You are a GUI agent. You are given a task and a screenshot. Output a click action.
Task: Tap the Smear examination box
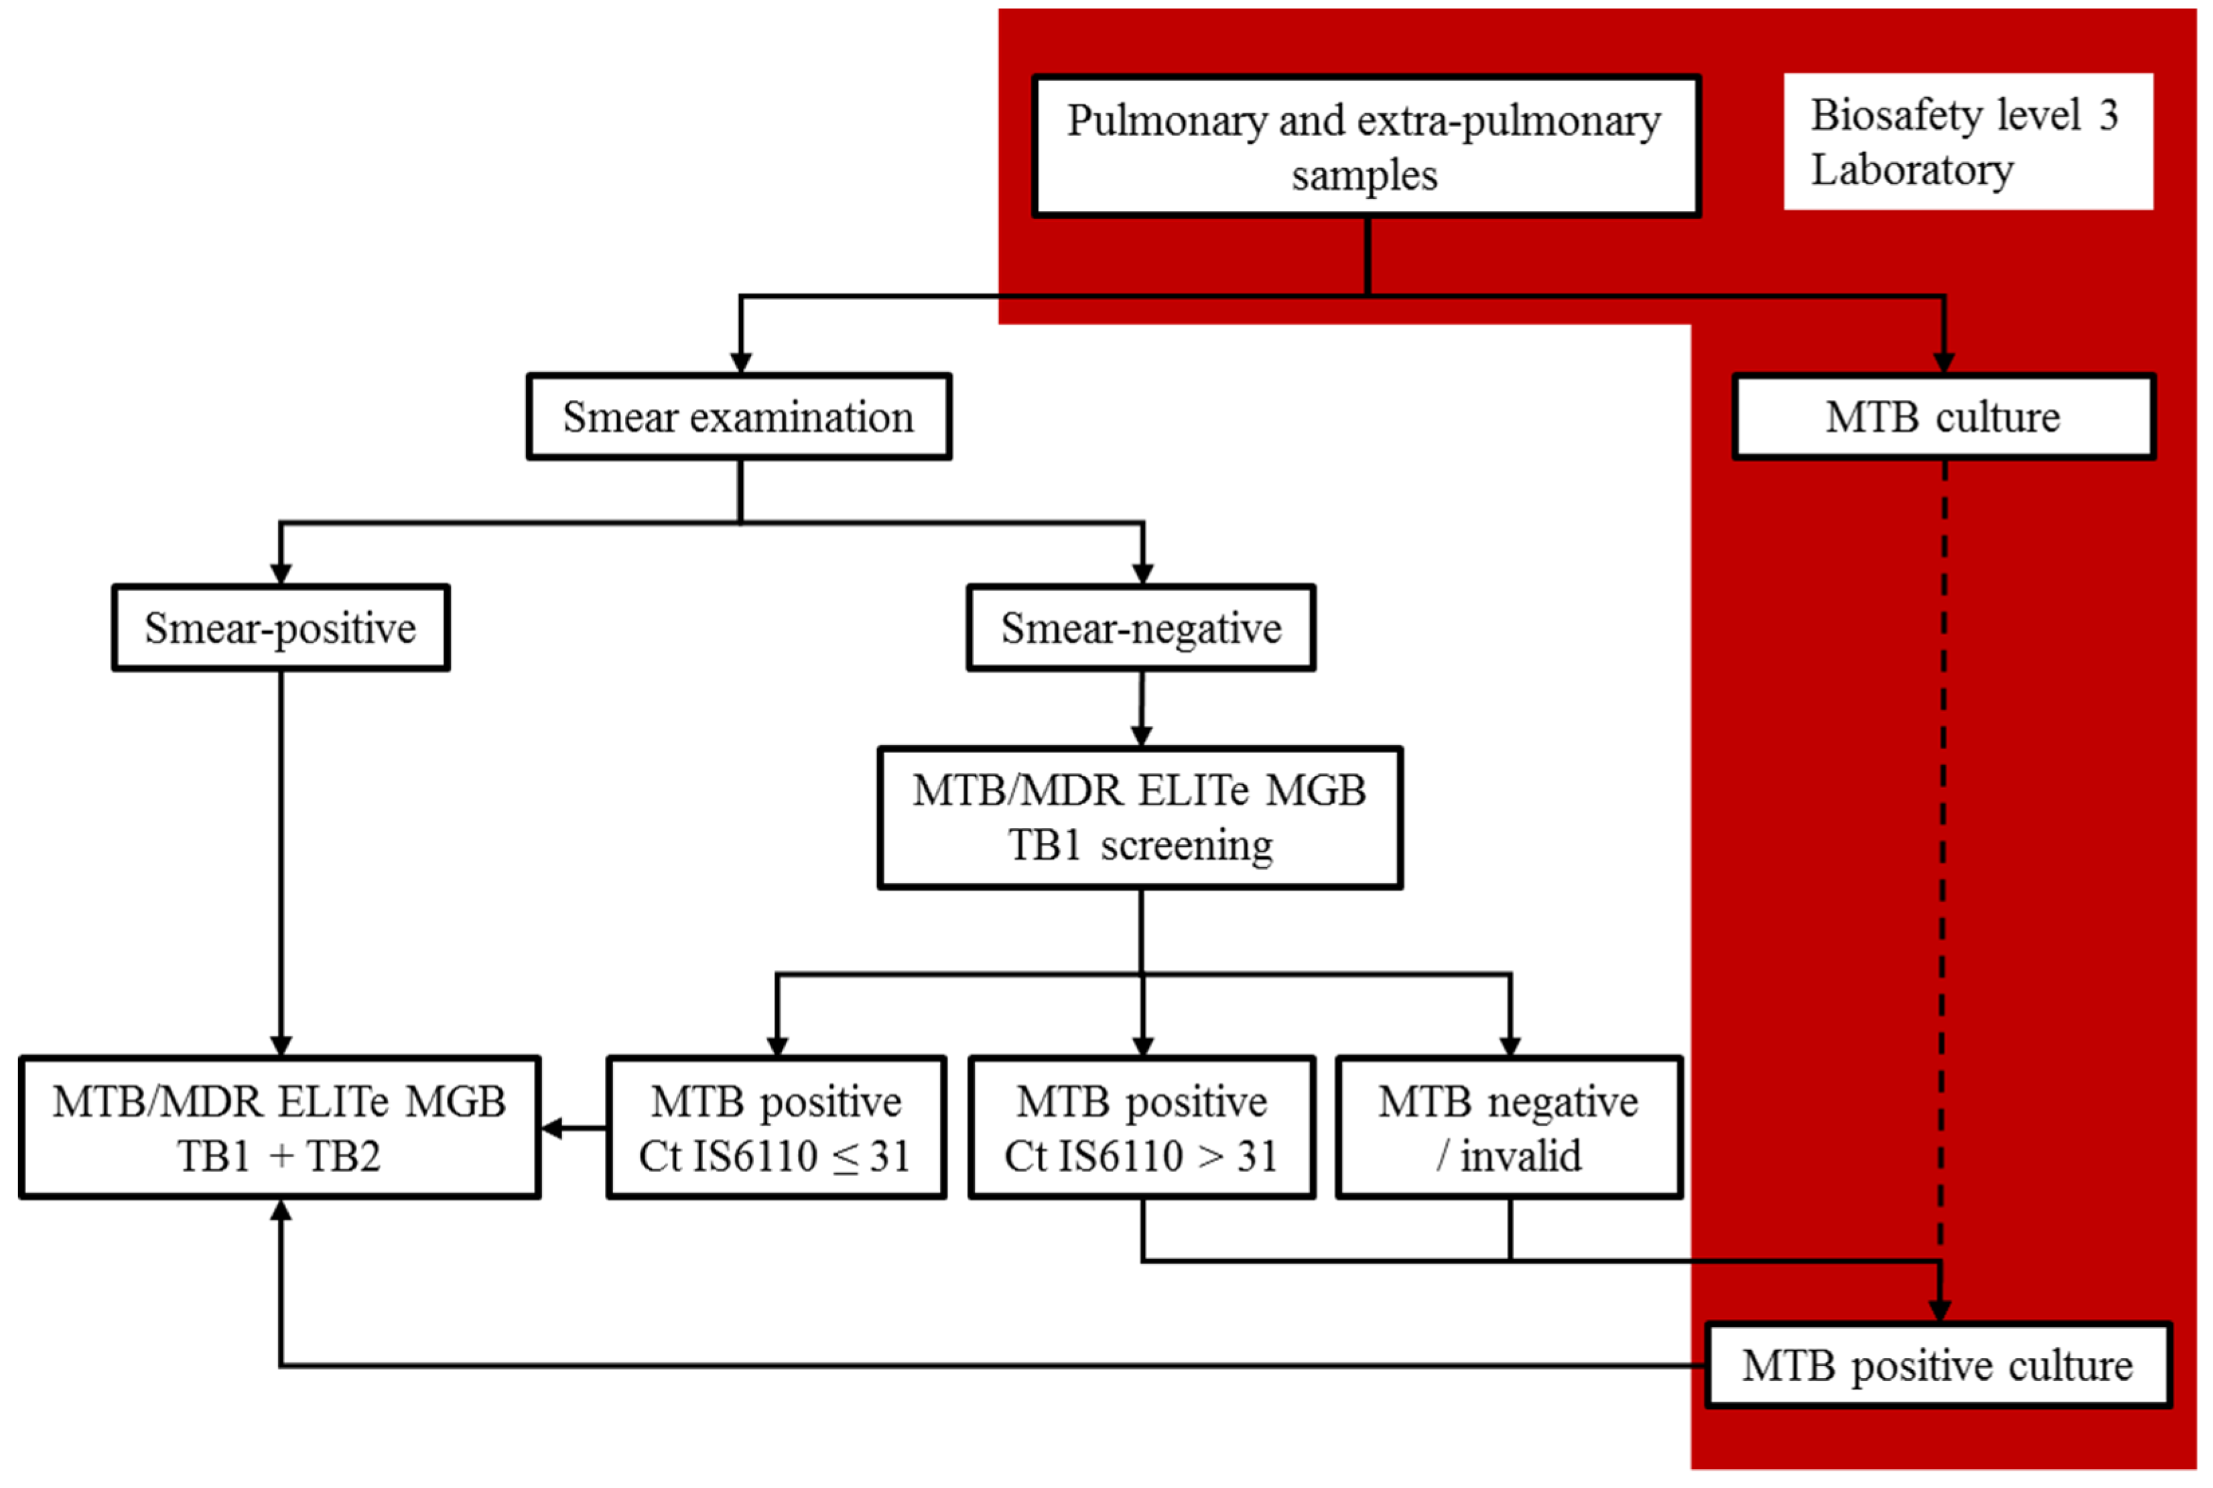click(x=738, y=417)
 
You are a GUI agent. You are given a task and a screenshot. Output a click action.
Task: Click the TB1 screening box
click(x=1140, y=818)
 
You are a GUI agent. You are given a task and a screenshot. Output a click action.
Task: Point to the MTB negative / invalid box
click(x=1508, y=1128)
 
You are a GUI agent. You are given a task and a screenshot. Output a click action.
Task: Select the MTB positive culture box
click(x=1937, y=1365)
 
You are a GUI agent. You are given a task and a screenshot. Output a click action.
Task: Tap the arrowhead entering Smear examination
click(x=740, y=362)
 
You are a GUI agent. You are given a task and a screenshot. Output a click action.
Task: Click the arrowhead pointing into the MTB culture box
click(x=1944, y=362)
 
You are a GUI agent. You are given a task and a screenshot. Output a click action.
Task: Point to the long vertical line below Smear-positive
click(x=281, y=854)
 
